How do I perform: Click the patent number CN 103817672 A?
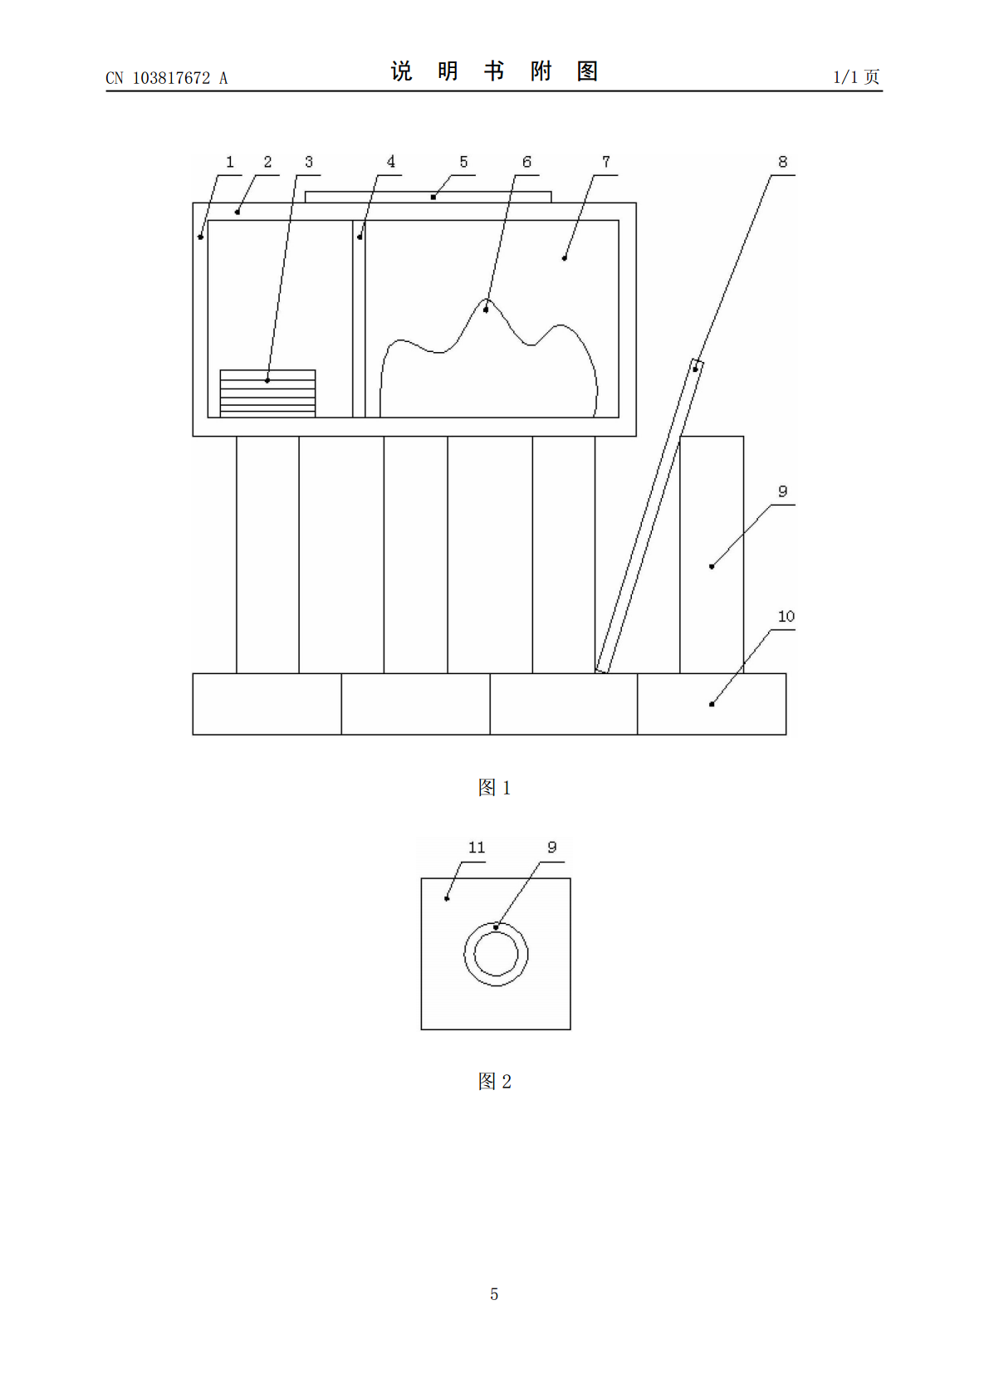(x=166, y=78)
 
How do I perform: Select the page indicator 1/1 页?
(x=857, y=77)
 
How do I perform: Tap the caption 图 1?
(x=494, y=788)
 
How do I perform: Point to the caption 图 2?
(x=494, y=1082)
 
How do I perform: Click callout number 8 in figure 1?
(x=782, y=162)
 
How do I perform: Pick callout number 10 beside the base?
(x=786, y=617)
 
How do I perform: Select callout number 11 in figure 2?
(x=477, y=848)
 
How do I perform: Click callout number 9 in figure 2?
(x=552, y=848)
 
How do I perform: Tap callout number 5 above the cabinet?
(x=463, y=162)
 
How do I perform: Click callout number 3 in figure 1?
(x=308, y=162)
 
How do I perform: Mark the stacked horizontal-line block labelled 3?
(x=268, y=393)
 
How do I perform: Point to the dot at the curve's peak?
(x=486, y=310)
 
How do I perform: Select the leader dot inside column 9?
(x=711, y=567)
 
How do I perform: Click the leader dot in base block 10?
(x=711, y=705)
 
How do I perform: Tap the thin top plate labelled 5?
(x=428, y=198)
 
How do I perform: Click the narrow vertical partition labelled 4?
(x=359, y=319)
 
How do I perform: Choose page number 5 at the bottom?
(x=494, y=1294)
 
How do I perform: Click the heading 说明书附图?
(x=495, y=71)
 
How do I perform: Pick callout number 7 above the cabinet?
(x=605, y=162)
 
